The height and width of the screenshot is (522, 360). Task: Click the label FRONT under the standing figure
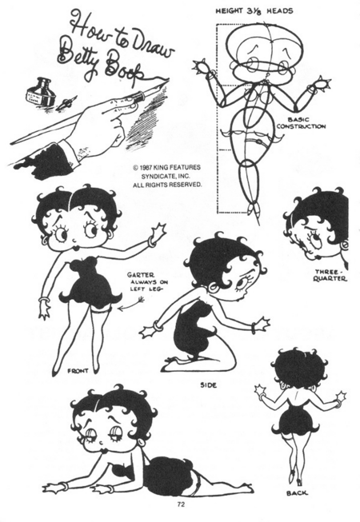[78, 371]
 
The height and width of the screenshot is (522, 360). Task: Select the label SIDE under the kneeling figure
[209, 385]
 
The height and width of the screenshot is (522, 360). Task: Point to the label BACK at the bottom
[297, 493]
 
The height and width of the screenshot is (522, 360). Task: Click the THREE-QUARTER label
[330, 275]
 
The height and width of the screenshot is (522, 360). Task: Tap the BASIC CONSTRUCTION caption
[301, 123]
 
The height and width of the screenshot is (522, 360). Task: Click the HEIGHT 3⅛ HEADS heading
[254, 11]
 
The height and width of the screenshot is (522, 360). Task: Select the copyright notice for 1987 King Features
[167, 176]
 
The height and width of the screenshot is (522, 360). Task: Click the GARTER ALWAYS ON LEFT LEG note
[147, 282]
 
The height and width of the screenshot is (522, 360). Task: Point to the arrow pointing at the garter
[131, 304]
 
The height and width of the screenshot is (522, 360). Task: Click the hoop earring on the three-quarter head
[343, 245]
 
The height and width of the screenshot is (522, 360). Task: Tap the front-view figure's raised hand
[159, 232]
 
